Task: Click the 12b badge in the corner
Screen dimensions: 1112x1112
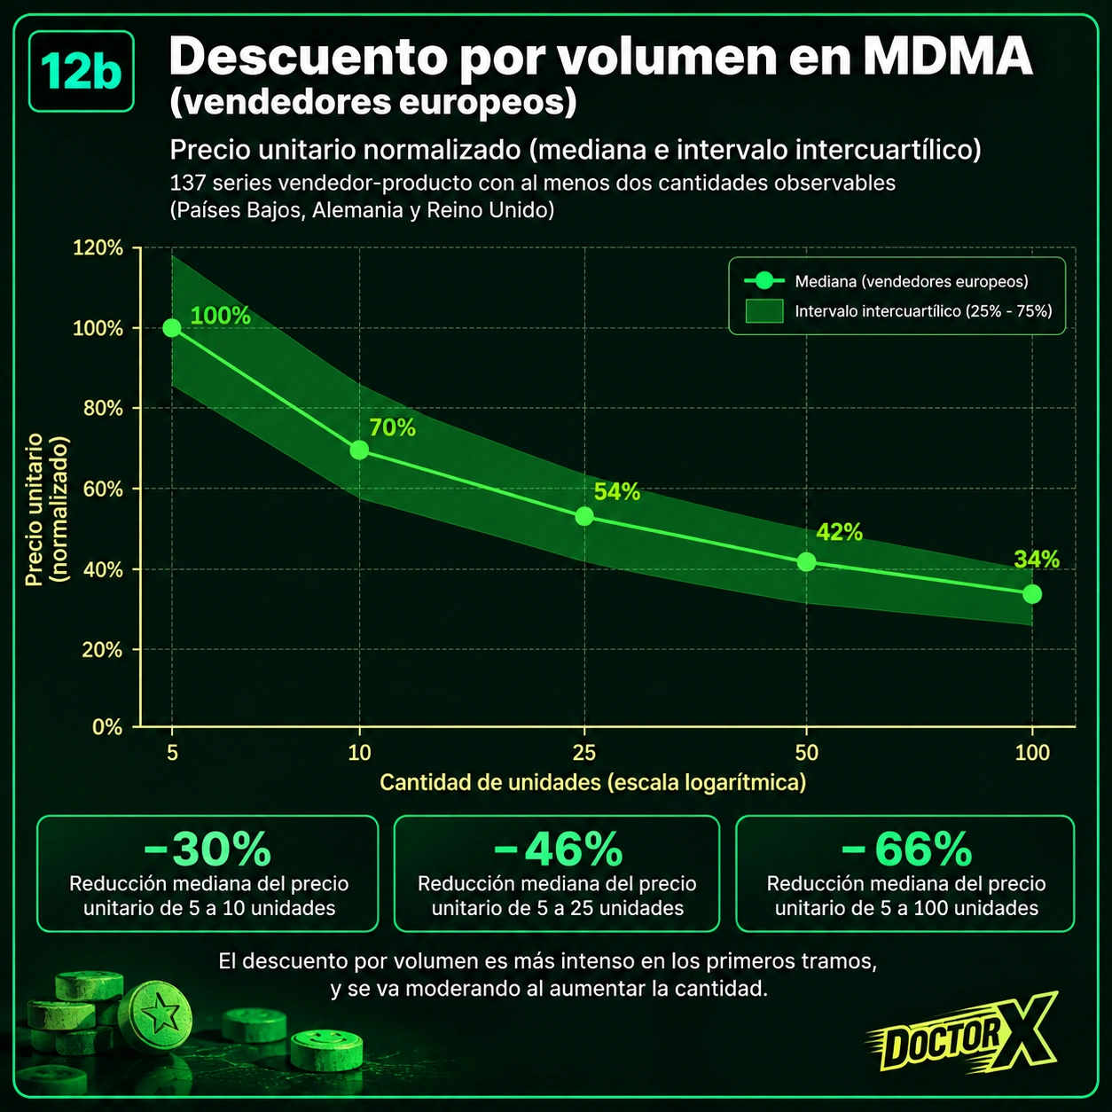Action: [82, 72]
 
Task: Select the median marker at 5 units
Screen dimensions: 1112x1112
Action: [171, 328]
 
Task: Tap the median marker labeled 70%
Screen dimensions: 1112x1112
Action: [359, 450]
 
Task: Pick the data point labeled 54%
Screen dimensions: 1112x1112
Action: [584, 516]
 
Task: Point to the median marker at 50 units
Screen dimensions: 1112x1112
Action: [806, 561]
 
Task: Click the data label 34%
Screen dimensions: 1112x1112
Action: [1037, 560]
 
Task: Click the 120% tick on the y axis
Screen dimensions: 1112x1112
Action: [98, 248]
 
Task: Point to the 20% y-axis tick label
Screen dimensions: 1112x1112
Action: [102, 650]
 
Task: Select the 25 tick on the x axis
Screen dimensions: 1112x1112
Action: [584, 753]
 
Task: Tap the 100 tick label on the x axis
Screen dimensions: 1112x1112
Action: [1032, 753]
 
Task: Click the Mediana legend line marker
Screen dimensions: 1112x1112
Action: [764, 281]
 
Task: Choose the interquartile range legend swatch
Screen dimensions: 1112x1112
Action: [764, 311]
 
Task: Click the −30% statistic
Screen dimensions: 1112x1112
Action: [208, 849]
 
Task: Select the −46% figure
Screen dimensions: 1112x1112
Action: [558, 849]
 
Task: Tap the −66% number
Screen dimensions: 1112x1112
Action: [906, 849]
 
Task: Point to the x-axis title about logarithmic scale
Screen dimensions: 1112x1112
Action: [592, 782]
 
